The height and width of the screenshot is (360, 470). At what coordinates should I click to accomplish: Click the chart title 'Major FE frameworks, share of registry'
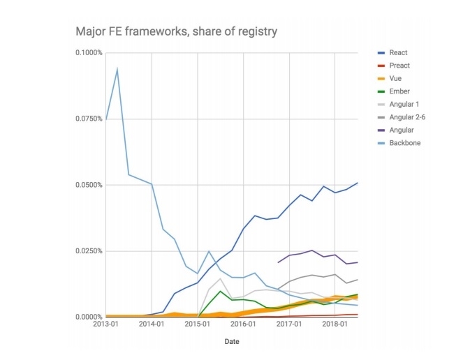[177, 31]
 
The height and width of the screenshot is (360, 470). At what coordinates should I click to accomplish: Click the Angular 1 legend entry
[404, 104]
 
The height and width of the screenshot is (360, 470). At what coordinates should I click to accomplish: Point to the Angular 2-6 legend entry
[408, 117]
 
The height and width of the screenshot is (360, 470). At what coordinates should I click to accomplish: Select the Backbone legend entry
[404, 143]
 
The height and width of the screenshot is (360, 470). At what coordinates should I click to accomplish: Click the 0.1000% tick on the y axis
[89, 53]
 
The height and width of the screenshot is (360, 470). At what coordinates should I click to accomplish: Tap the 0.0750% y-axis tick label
[89, 119]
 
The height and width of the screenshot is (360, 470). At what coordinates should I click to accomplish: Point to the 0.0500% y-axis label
[89, 185]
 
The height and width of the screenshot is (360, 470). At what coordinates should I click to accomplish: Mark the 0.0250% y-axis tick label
[89, 251]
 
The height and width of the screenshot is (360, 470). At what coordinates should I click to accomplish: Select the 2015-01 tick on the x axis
[198, 324]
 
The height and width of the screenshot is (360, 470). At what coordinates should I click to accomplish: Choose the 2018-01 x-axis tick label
[335, 324]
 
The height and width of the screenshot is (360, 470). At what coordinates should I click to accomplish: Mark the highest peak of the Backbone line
[117, 68]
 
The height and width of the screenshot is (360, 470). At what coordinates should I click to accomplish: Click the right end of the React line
[358, 183]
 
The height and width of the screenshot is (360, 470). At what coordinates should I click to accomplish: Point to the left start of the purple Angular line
[278, 262]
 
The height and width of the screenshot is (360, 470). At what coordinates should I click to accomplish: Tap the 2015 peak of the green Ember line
[221, 291]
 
